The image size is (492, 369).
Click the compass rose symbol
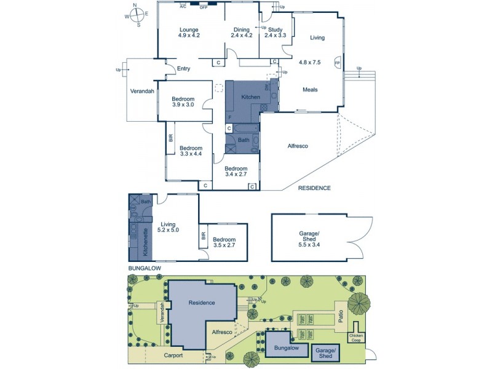click(138, 14)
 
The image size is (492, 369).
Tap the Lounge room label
click(189, 33)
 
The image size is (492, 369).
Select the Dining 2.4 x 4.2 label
click(241, 33)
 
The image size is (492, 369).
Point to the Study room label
click(275, 33)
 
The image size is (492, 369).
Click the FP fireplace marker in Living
click(336, 63)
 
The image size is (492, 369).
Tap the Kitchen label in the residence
click(250, 97)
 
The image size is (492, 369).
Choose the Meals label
click(311, 90)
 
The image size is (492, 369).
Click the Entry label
click(183, 69)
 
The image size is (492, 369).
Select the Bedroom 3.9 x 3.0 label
click(183, 102)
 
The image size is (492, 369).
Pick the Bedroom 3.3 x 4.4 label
click(191, 151)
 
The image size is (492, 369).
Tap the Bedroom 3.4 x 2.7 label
click(236, 172)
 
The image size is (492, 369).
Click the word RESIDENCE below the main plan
click(314, 188)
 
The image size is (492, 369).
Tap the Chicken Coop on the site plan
click(356, 338)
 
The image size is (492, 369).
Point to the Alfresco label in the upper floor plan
click(298, 146)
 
